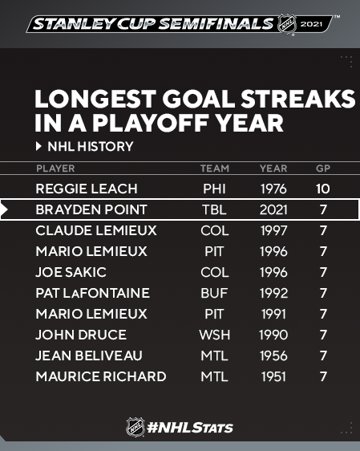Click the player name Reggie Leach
click(87, 189)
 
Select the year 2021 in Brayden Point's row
click(273, 209)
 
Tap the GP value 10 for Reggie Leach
click(323, 189)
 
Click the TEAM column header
click(215, 169)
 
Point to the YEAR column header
click(273, 169)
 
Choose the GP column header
click(323, 169)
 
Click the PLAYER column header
click(55, 169)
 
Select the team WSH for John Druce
click(215, 335)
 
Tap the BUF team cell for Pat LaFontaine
click(214, 293)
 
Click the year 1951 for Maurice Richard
click(273, 376)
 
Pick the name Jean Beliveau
click(89, 356)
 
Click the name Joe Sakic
click(71, 272)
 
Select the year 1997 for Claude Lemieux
click(273, 230)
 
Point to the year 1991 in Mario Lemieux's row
click(273, 314)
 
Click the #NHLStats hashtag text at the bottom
click(190, 428)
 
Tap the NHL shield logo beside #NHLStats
click(136, 427)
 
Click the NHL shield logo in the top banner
click(287, 24)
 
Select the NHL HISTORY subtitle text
click(91, 146)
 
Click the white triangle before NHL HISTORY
click(38, 146)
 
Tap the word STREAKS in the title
click(298, 99)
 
